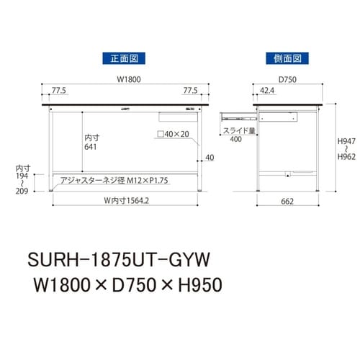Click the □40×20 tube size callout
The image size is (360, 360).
pyautogui.click(x=171, y=135)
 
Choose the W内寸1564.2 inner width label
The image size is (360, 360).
pyautogui.click(x=125, y=202)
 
